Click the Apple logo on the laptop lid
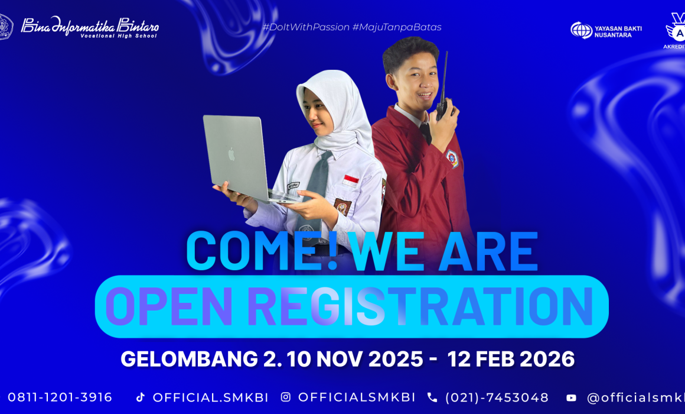[x=231, y=155]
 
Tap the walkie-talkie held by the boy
[x=442, y=95]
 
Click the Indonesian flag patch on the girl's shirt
[x=351, y=181]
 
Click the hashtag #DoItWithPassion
[x=306, y=27]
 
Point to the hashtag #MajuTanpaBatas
[x=397, y=27]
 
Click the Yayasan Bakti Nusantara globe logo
[x=581, y=30]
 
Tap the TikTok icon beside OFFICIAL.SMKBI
[x=140, y=397]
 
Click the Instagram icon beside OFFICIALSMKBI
[x=286, y=397]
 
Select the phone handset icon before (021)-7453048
[x=432, y=397]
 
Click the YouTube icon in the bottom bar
[x=571, y=397]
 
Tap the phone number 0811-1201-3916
[x=60, y=397]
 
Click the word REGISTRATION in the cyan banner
[x=420, y=306]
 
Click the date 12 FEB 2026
[x=511, y=359]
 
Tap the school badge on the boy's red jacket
[x=452, y=159]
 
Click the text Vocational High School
[x=119, y=35]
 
